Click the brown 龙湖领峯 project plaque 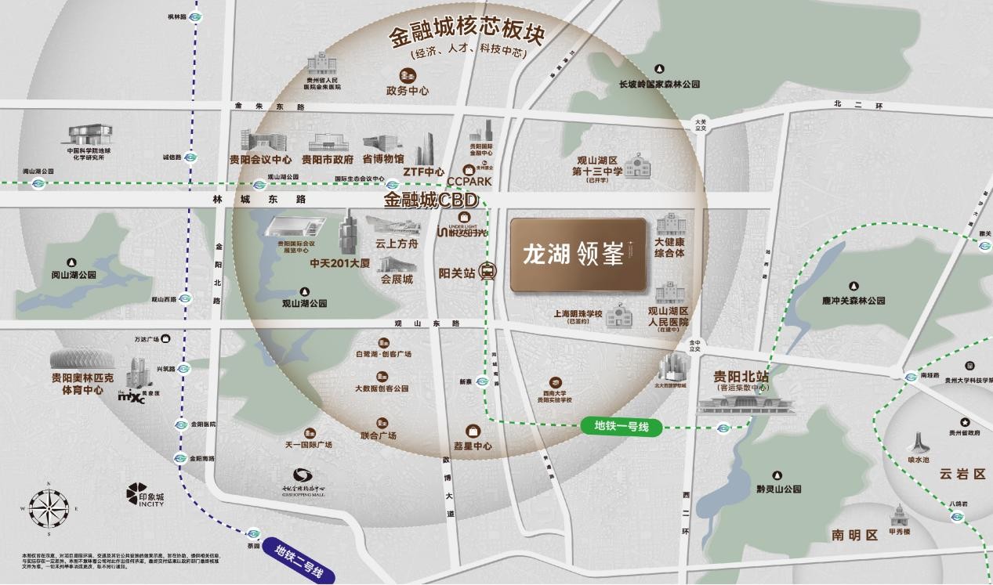[x=578, y=255]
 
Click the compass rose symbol [x=49, y=507]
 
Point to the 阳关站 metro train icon [x=488, y=272]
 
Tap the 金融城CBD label [x=429, y=200]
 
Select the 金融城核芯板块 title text [x=467, y=36]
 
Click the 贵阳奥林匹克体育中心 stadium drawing [x=76, y=361]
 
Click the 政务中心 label [x=408, y=91]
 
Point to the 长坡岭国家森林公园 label [x=659, y=84]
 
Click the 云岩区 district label [x=962, y=475]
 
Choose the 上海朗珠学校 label [x=577, y=314]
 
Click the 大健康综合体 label [x=670, y=247]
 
